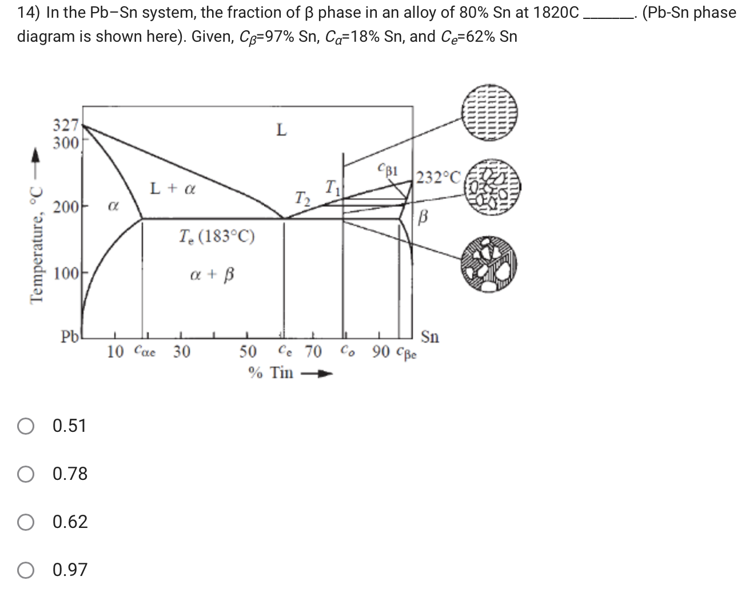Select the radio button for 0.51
coord(26,426)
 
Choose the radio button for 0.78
coord(26,474)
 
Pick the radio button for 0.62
coord(26,522)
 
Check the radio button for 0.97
coord(26,570)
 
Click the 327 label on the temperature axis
coord(65,125)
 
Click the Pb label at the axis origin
coord(70,336)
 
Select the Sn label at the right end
coord(430,337)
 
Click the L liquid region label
coord(281,131)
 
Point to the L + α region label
coord(172,188)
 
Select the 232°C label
coord(437,178)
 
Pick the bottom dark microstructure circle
coord(489,261)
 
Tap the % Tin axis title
coord(272,373)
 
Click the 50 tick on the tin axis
coord(248,351)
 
